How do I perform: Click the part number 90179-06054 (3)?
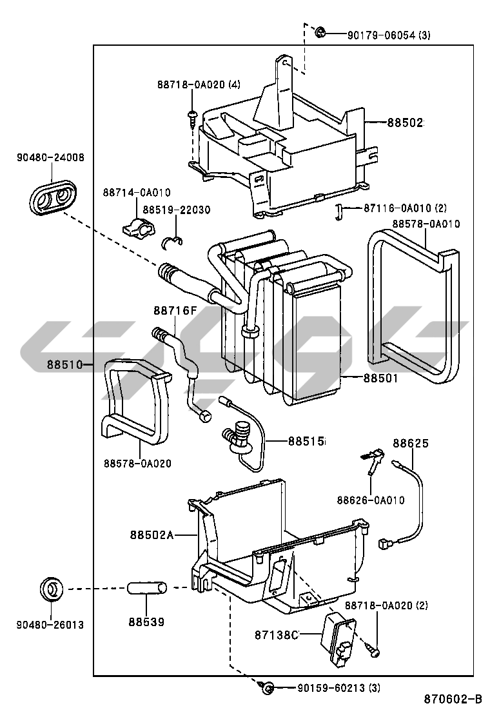[x=389, y=35]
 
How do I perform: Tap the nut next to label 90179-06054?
[x=320, y=32]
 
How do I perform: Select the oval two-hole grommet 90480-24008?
[x=52, y=197]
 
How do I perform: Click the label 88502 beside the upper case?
[x=406, y=123]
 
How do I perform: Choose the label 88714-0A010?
[x=137, y=193]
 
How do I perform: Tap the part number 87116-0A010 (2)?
[x=405, y=208]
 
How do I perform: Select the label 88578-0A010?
[x=426, y=224]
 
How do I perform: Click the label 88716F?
[x=175, y=311]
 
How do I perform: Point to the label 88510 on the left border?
[x=64, y=365]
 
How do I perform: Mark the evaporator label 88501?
[x=381, y=378]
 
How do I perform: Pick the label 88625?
[x=411, y=443]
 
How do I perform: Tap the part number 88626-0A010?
[x=371, y=500]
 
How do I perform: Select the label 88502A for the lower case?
[x=152, y=535]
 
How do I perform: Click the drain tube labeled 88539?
[x=146, y=588]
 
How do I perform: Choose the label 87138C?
[x=277, y=635]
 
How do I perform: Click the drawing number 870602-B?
[x=453, y=700]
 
